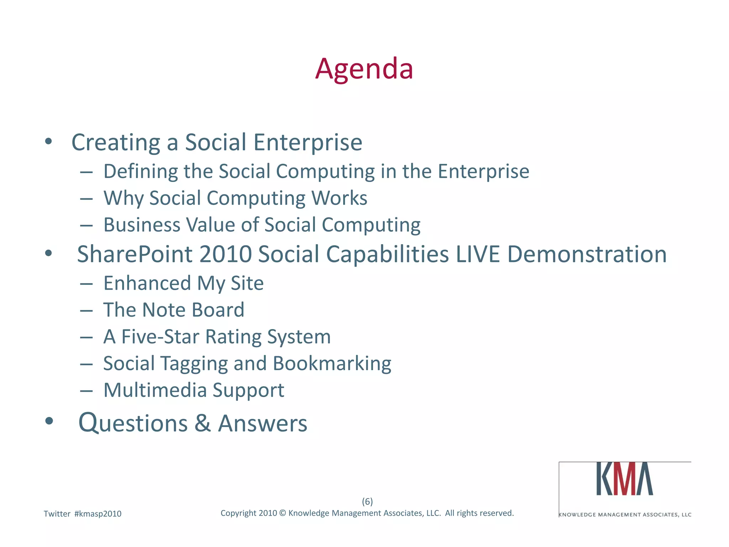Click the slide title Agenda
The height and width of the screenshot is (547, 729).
(364, 69)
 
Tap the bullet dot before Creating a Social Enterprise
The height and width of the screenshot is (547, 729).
(49, 142)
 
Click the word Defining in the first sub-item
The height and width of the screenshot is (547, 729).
(140, 172)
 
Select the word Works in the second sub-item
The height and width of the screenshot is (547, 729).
(339, 198)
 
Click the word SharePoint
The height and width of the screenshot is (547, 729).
(135, 254)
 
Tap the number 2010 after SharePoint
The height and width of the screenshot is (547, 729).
(225, 254)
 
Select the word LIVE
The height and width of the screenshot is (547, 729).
(478, 254)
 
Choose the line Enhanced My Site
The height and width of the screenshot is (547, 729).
(183, 283)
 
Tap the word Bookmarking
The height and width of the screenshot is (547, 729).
(332, 364)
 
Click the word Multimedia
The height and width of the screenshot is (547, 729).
(155, 390)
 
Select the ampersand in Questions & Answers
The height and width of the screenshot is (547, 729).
(203, 424)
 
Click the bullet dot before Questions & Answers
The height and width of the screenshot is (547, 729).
(49, 421)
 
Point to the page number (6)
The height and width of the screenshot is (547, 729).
(367, 501)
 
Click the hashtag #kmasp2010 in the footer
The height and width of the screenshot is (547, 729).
(98, 514)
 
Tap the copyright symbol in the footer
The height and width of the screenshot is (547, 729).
(283, 513)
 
